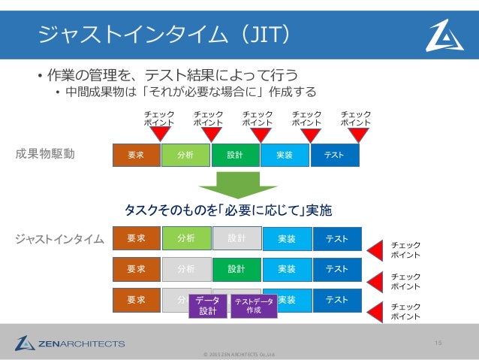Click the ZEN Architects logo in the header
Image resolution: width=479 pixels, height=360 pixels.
click(x=444, y=35)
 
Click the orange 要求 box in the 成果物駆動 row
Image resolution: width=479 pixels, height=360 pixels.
click(x=136, y=155)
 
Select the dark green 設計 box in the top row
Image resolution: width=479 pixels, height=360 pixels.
click(x=235, y=155)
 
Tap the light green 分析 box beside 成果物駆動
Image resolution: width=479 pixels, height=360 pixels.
click(x=185, y=155)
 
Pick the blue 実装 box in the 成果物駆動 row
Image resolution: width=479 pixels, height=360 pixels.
click(x=285, y=155)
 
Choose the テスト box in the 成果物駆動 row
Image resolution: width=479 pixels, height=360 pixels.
click(x=335, y=155)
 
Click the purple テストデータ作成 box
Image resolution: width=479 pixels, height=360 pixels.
click(x=254, y=305)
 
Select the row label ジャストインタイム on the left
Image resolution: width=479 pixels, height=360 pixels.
click(x=60, y=240)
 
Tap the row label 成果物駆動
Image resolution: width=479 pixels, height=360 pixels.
click(x=46, y=155)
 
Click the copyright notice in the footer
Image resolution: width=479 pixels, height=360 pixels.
click(x=239, y=353)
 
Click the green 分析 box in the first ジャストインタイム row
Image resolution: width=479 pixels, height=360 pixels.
click(x=186, y=239)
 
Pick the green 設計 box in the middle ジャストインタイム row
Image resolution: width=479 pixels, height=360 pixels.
click(x=236, y=268)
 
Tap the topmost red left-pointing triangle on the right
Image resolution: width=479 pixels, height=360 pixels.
click(x=375, y=249)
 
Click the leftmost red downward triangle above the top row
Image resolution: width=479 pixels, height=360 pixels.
click(x=160, y=134)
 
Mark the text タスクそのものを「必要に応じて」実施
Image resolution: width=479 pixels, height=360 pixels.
click(x=227, y=208)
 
